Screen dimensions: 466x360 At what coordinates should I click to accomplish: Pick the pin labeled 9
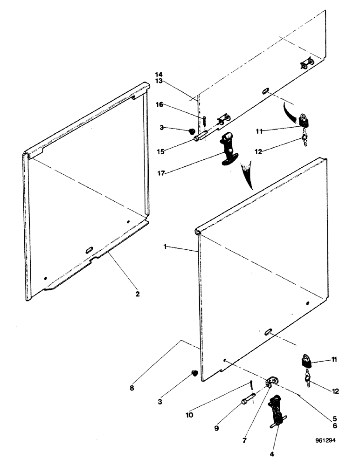coord(247,399)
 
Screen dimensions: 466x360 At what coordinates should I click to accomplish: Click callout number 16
coord(159,105)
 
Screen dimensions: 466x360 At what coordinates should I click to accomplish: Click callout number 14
coord(159,75)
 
